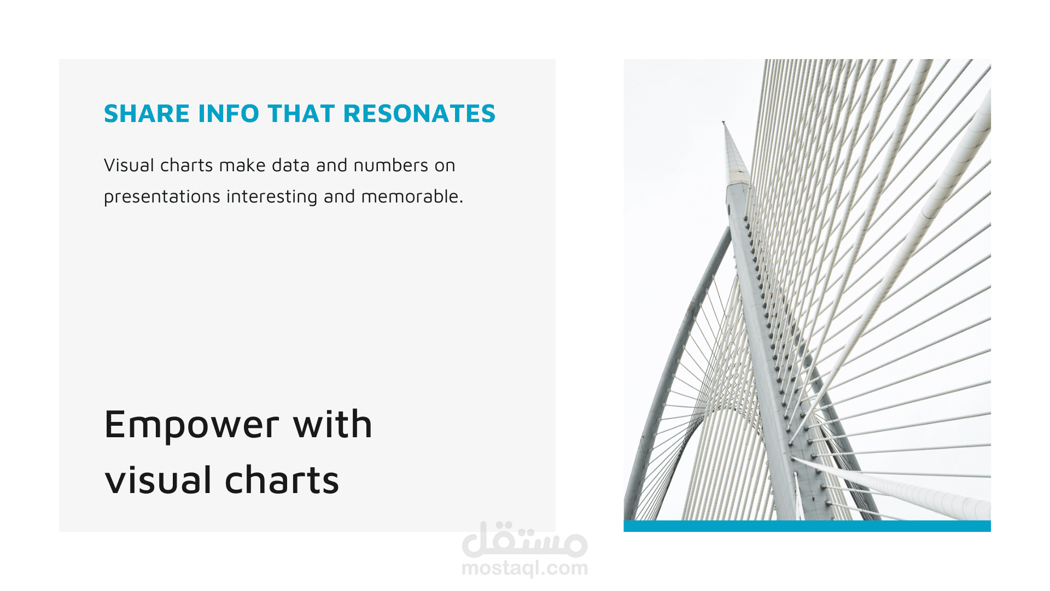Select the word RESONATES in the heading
click(x=419, y=114)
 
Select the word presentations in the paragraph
click(x=162, y=197)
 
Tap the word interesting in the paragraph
click(x=272, y=197)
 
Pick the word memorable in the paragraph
click(x=410, y=196)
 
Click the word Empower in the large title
click(x=192, y=425)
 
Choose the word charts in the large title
click(x=282, y=479)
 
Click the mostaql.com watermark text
click(x=525, y=569)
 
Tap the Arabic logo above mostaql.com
click(x=525, y=539)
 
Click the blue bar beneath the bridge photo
click(x=807, y=526)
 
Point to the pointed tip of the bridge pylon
click(x=724, y=122)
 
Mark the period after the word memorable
click(x=462, y=202)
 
